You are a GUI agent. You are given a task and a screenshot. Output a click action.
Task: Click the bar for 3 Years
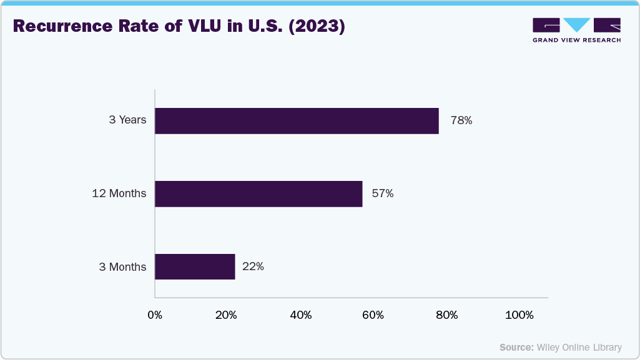click(x=297, y=120)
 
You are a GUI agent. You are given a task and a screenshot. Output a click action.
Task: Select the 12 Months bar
click(x=258, y=193)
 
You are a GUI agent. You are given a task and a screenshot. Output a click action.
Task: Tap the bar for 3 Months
click(x=195, y=266)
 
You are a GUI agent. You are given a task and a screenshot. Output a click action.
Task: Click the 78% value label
click(x=461, y=120)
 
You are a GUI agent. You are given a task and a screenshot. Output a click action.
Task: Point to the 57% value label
click(x=382, y=193)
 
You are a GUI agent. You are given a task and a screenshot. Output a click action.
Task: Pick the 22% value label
click(x=253, y=266)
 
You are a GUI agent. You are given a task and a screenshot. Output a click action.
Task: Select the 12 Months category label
click(x=119, y=193)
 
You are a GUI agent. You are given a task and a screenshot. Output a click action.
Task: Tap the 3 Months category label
click(x=122, y=267)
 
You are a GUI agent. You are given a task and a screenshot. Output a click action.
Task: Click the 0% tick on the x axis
click(x=155, y=316)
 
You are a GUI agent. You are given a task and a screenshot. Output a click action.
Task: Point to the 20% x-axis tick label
click(x=226, y=316)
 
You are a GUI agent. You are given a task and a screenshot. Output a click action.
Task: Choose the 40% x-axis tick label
click(x=301, y=316)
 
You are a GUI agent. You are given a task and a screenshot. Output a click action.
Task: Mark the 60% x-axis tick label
click(x=373, y=316)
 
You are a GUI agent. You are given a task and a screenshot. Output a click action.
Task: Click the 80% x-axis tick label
click(x=446, y=316)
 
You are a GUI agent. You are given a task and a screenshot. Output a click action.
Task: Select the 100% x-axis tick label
click(x=519, y=316)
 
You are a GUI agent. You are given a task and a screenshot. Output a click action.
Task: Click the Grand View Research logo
click(x=576, y=30)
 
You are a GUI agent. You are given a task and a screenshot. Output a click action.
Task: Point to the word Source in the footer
click(x=516, y=347)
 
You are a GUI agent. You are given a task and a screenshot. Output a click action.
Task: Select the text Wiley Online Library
click(x=579, y=347)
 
